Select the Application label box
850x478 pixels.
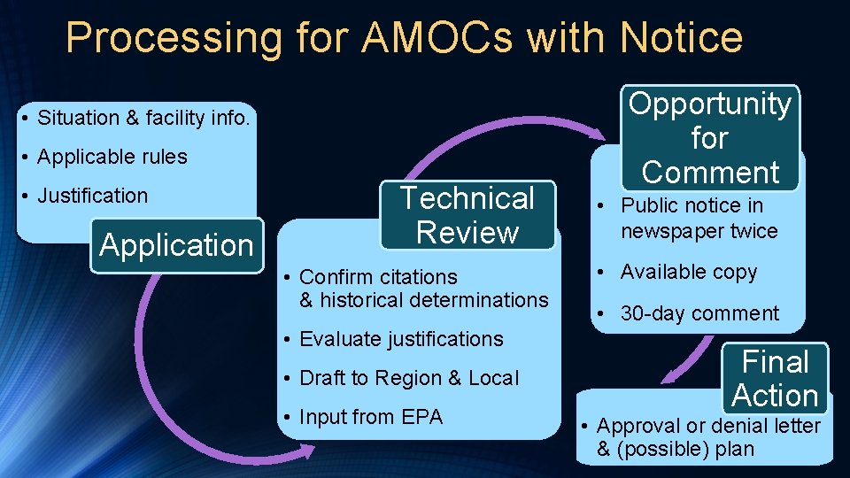tap(176, 245)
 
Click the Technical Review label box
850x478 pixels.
tap(467, 215)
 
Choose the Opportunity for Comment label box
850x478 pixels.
tap(710, 138)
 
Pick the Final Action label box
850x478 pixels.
tap(775, 378)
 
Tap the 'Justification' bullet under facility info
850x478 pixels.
tap(92, 196)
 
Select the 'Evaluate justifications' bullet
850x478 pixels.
tap(401, 339)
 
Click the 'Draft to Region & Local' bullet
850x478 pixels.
tap(409, 378)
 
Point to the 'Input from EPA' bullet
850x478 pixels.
tap(371, 417)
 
